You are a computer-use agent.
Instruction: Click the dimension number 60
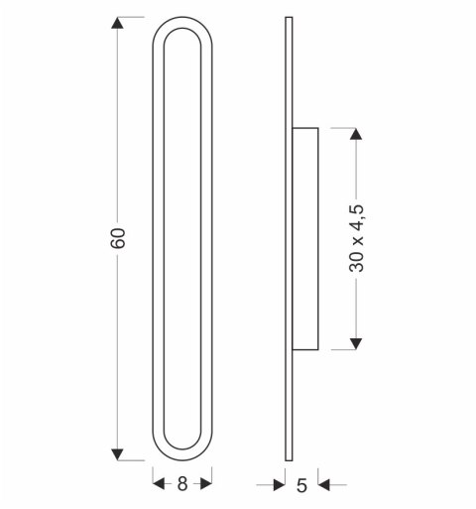[118, 238]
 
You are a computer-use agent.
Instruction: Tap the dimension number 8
[182, 484]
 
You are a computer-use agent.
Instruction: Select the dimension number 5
[301, 485]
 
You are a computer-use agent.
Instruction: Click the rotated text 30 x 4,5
[356, 238]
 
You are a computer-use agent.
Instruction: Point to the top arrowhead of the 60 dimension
[117, 23]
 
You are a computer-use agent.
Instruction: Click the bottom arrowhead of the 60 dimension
[117, 454]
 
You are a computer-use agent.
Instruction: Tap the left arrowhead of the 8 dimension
[159, 484]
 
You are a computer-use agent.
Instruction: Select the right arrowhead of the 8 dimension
[206, 484]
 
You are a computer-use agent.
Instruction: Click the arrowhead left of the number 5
[279, 485]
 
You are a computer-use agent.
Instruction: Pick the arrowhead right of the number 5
[324, 485]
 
